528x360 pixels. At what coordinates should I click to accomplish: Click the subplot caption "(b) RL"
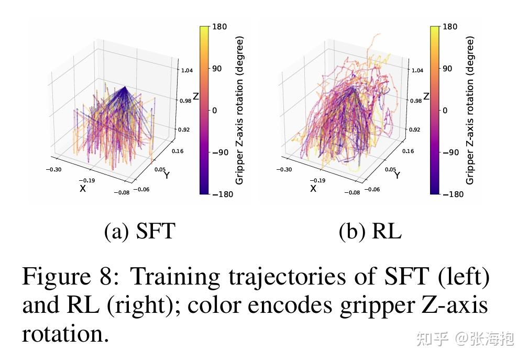coord(370,231)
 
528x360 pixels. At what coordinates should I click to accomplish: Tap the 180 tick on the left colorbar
coord(220,27)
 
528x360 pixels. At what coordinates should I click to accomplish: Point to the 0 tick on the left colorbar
coord(215,111)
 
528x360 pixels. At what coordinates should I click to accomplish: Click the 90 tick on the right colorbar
coord(448,69)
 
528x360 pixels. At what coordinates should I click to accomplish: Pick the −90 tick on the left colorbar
coord(220,152)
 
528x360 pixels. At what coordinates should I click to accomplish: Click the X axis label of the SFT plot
coord(83,189)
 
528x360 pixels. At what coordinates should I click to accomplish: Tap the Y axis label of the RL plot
coord(397,176)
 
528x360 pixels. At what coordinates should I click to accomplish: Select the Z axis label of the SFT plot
coord(196,96)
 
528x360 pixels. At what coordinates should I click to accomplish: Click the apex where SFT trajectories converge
coord(125,87)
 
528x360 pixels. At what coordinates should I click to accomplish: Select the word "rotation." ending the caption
coord(65,333)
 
